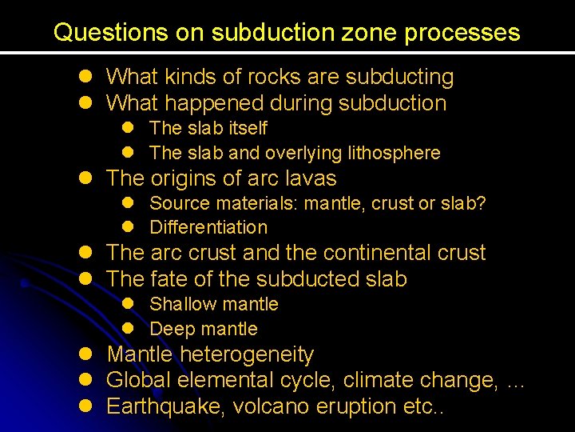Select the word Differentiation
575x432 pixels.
point(208,228)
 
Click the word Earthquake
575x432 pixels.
point(166,406)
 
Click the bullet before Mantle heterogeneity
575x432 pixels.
point(85,354)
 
